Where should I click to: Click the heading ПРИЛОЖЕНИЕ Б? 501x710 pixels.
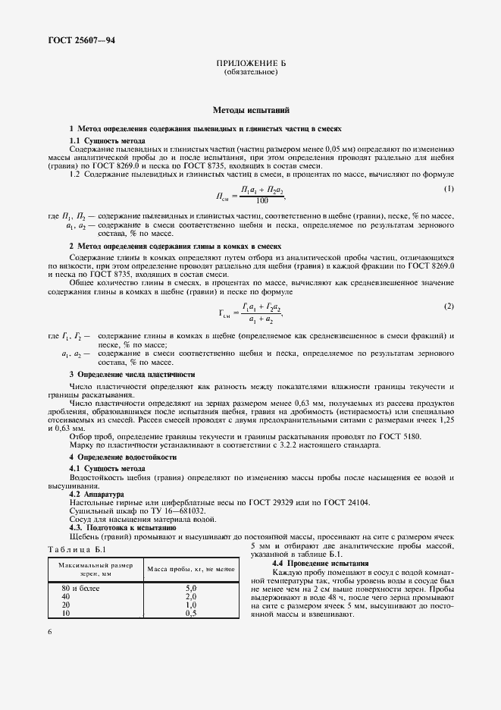tap(251, 64)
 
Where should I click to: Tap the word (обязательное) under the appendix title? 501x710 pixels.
tap(251, 73)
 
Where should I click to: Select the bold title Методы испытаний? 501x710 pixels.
tap(251, 110)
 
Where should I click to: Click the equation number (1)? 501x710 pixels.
tap(449, 188)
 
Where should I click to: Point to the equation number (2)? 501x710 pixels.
tap(449, 305)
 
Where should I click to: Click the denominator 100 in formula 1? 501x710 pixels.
tap(261, 201)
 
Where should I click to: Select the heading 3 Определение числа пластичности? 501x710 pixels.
tap(132, 375)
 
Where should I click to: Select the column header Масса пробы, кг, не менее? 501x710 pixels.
tap(191, 570)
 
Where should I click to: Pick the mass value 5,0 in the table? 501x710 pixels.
tap(191, 589)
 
